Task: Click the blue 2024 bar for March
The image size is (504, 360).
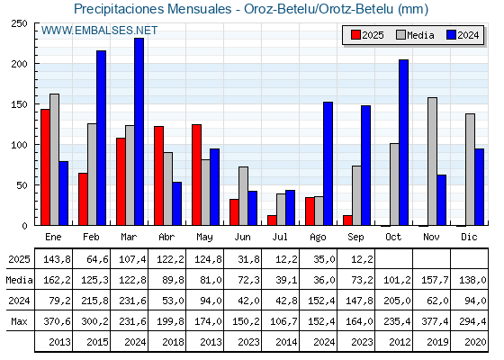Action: [x=139, y=131]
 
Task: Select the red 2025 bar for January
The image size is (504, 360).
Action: [x=45, y=167]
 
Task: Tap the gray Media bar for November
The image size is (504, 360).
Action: [x=432, y=161]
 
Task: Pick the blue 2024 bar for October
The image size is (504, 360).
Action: [x=403, y=142]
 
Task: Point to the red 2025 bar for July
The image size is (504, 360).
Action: [x=272, y=220]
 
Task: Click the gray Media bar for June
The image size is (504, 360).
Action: [x=243, y=196]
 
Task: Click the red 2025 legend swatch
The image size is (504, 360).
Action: [x=355, y=35]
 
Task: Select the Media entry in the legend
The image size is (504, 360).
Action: [x=415, y=35]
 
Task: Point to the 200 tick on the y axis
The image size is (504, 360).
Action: [x=36, y=64]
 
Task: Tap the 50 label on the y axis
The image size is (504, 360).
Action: [x=22, y=185]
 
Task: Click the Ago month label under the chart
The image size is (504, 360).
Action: [x=318, y=238]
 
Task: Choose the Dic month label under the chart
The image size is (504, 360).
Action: [x=469, y=237]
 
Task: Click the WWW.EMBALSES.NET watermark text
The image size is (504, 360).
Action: [x=99, y=31]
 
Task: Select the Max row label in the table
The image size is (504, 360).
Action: [x=19, y=321]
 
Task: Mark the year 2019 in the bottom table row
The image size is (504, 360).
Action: [x=437, y=342]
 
